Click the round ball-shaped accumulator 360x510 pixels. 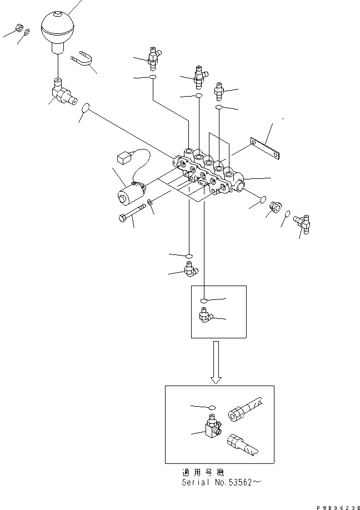[x=58, y=32]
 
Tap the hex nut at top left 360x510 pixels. [x=19, y=29]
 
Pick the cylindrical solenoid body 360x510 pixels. [x=131, y=194]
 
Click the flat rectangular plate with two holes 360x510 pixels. [x=266, y=149]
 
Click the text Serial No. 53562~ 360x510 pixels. [x=221, y=482]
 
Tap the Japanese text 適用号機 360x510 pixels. [x=203, y=472]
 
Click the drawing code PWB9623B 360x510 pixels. [x=338, y=507]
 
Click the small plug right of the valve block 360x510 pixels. [x=276, y=206]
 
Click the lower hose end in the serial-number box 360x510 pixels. [x=244, y=444]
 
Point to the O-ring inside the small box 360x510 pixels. [x=203, y=300]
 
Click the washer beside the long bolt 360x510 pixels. [x=149, y=202]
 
